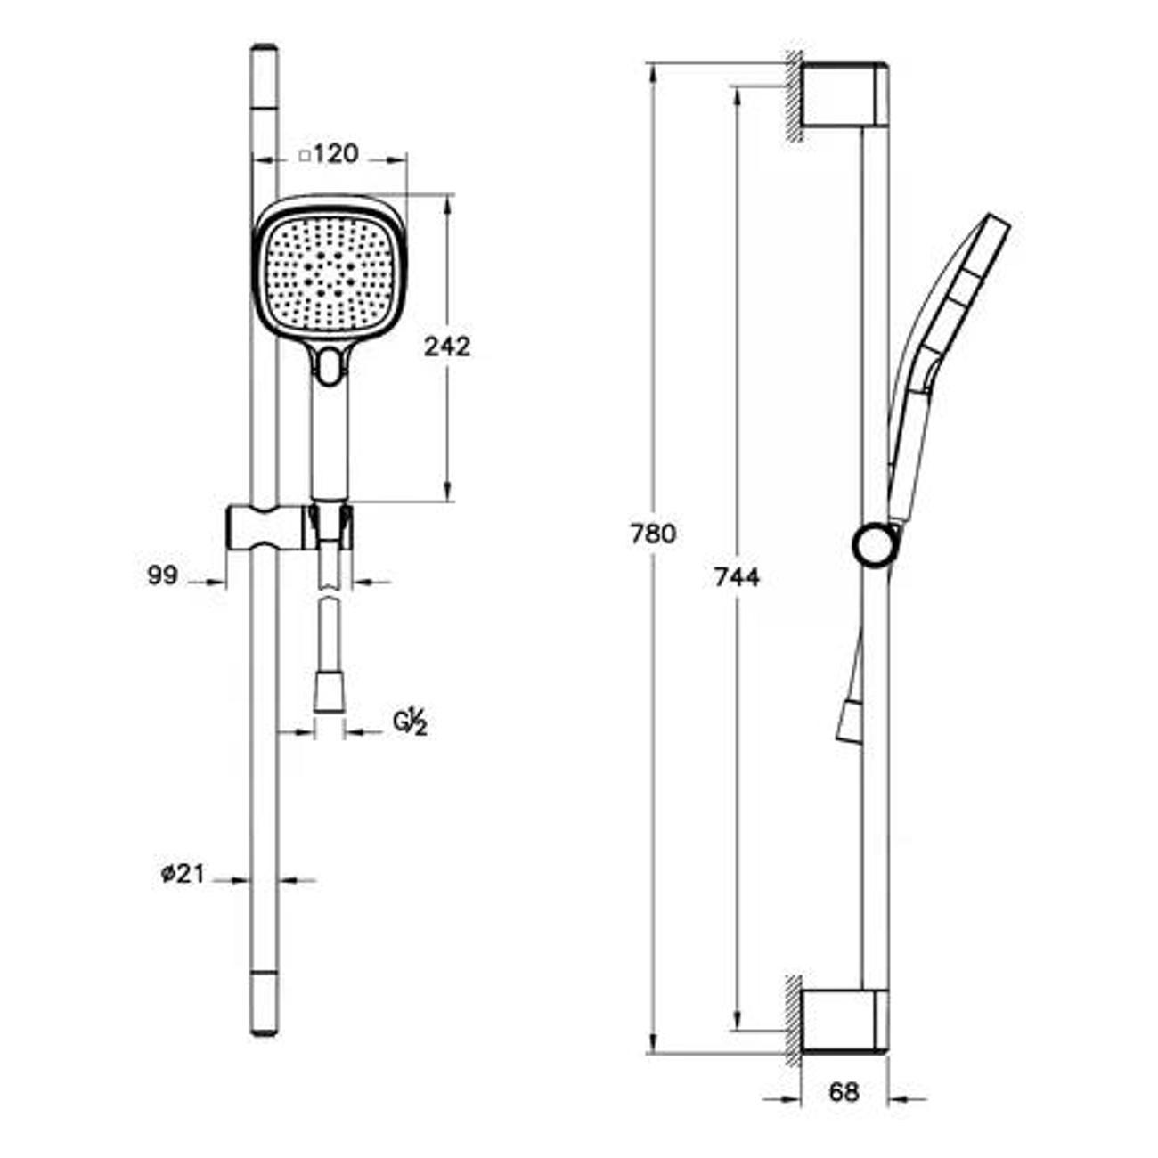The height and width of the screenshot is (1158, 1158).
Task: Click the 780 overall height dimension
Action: [653, 534]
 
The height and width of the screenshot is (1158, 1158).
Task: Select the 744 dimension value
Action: [737, 577]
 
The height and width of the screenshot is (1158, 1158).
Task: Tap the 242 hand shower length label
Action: [447, 347]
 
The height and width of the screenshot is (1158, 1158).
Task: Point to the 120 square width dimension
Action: [336, 154]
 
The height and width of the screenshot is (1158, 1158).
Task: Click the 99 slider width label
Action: [163, 575]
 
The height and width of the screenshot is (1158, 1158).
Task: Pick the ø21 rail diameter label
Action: [183, 874]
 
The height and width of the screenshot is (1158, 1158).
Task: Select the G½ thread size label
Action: [411, 724]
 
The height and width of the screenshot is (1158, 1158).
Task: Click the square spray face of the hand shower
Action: [329, 277]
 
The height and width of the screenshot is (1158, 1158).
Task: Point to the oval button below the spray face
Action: [329, 366]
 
